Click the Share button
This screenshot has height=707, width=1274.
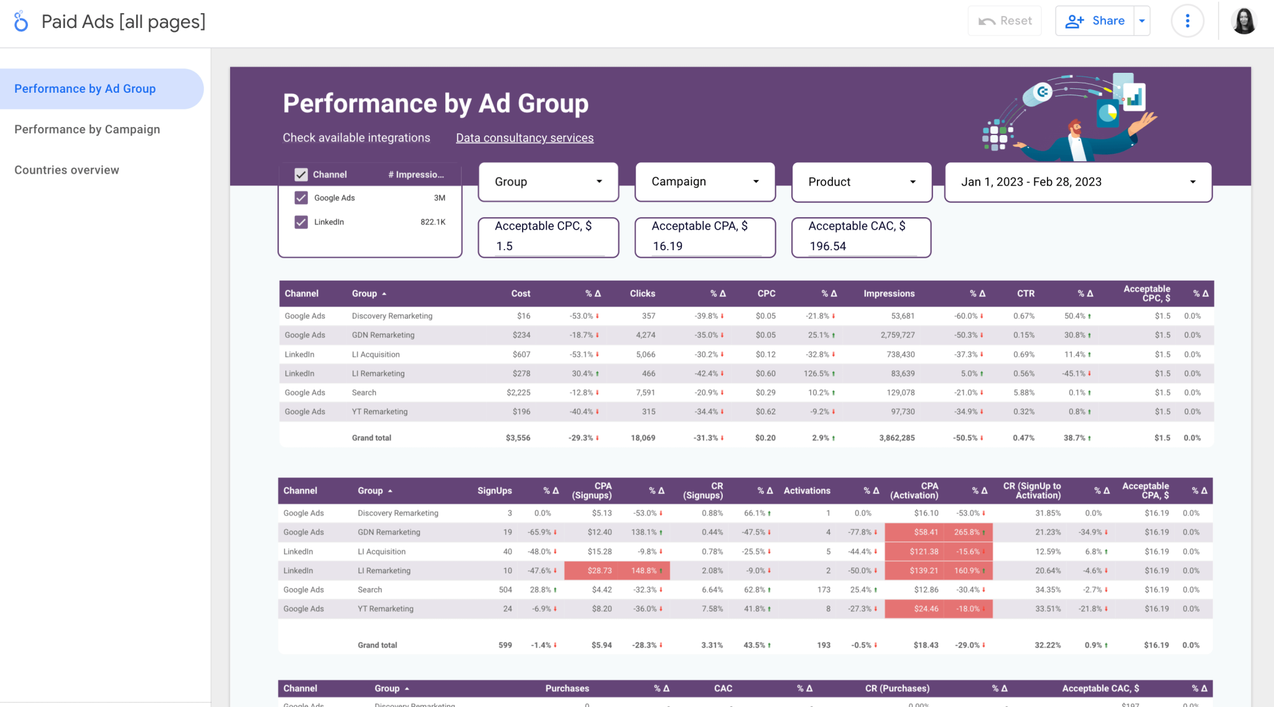pos(1095,21)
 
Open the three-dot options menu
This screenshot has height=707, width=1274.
pos(1187,21)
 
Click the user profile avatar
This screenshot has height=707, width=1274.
pos(1244,21)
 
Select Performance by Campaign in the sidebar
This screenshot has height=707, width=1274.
pos(87,129)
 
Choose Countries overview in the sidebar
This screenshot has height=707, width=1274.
pos(67,170)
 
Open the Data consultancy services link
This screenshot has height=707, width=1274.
pos(524,138)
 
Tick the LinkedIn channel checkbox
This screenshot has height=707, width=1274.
pos(301,222)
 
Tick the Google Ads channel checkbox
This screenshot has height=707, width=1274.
pos(301,198)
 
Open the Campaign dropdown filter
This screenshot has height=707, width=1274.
pos(705,182)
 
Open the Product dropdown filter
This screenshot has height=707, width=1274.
pos(862,182)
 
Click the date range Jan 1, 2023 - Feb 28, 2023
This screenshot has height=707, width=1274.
pos(1077,182)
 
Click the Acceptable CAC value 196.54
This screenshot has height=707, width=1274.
pos(828,246)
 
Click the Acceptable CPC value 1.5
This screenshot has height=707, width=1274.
pos(504,246)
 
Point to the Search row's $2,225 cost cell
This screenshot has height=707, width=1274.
pos(518,393)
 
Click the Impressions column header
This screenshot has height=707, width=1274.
pos(889,294)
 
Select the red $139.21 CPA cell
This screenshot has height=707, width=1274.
pos(923,571)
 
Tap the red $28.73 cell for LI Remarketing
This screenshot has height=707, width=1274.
pos(599,571)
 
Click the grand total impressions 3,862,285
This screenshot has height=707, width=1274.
pos(896,438)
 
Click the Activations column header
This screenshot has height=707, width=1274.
pos(806,491)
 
